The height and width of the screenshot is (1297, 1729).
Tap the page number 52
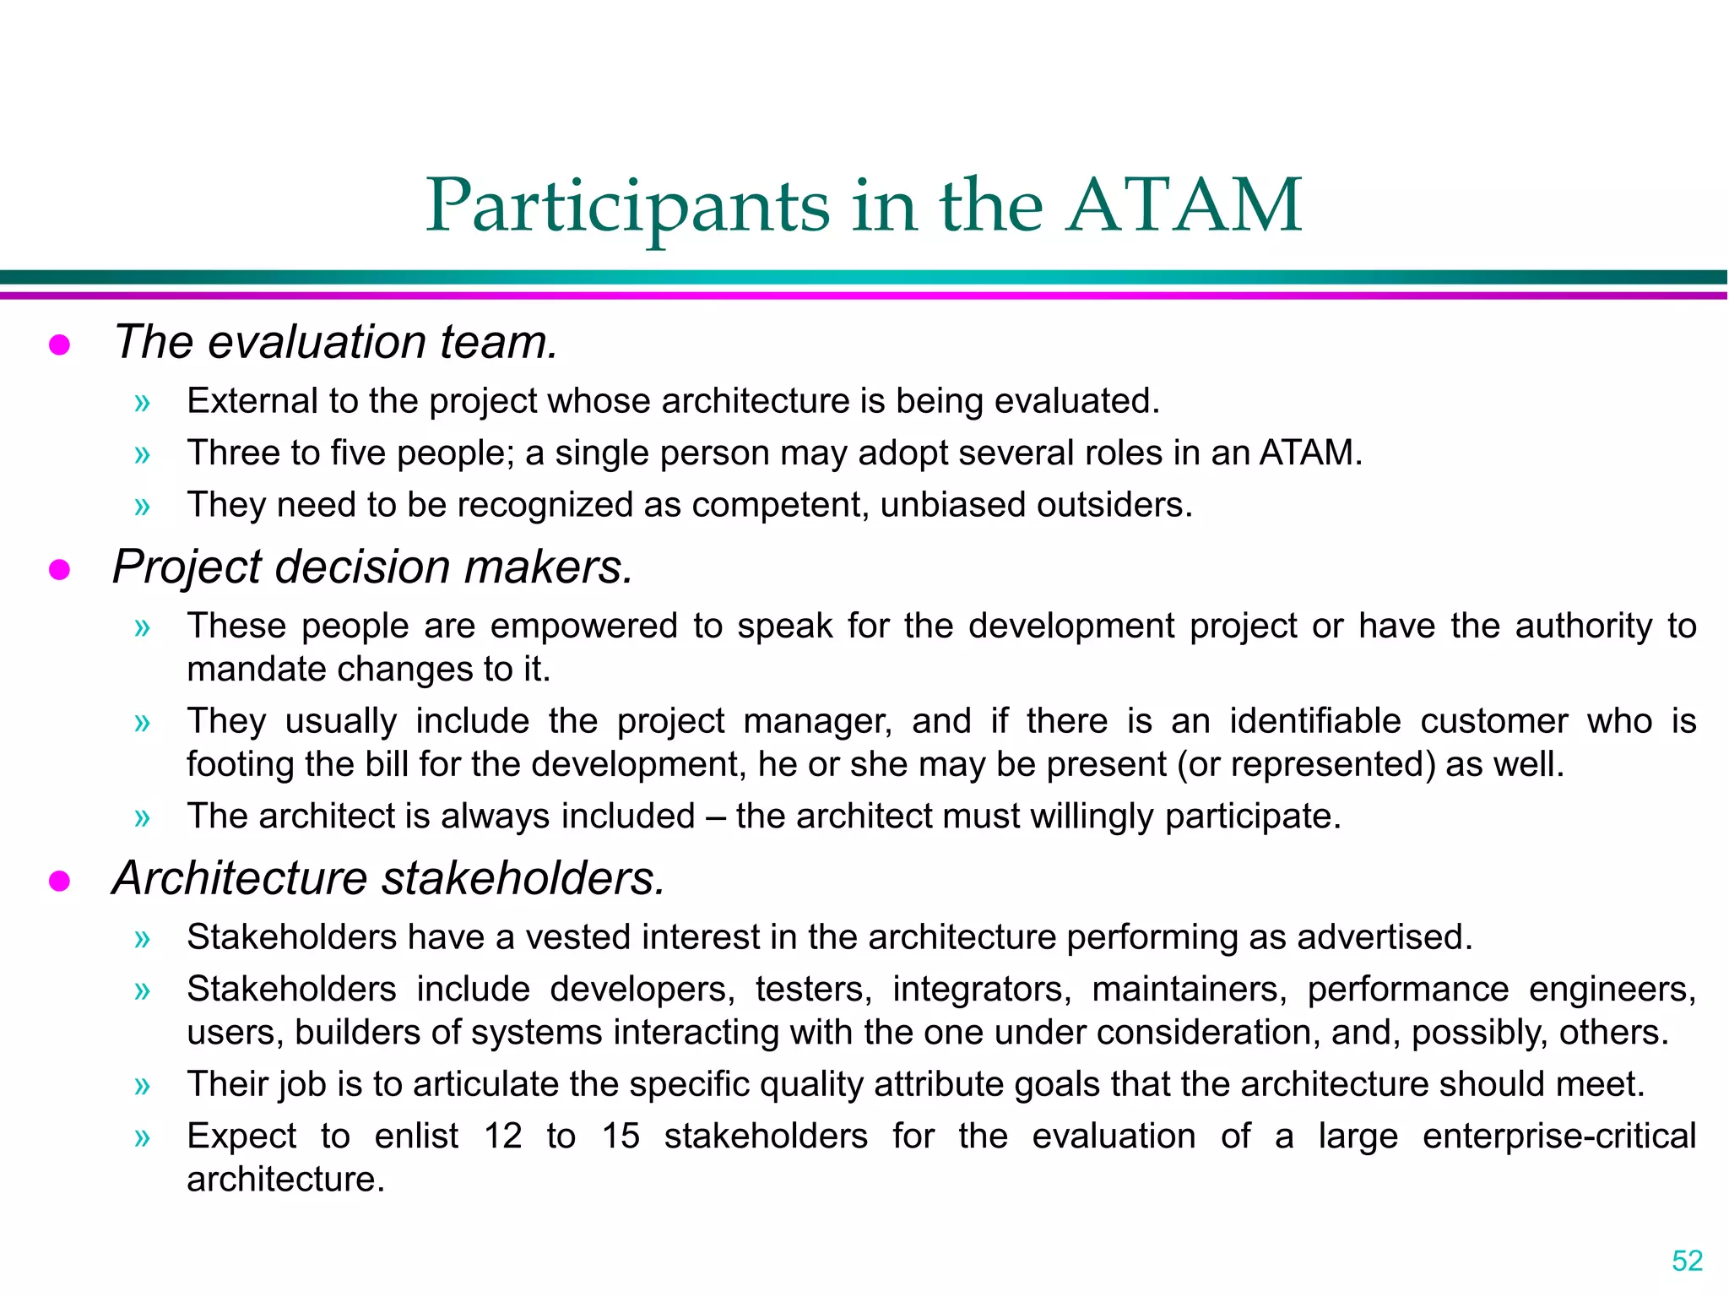tap(1687, 1261)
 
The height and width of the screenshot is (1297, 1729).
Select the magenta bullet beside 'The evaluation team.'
tap(59, 345)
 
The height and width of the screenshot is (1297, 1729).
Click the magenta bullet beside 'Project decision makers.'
tap(59, 570)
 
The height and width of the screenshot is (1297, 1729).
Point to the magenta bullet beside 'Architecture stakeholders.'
tap(59, 881)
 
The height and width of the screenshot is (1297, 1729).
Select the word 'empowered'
tap(583, 627)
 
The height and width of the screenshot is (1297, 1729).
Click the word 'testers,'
tap(814, 990)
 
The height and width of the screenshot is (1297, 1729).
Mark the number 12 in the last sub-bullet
tap(502, 1137)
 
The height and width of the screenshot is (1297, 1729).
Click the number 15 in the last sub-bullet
tap(621, 1137)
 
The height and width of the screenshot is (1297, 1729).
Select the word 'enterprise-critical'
tap(1558, 1137)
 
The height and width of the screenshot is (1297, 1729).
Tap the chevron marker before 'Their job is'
tap(142, 1086)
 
